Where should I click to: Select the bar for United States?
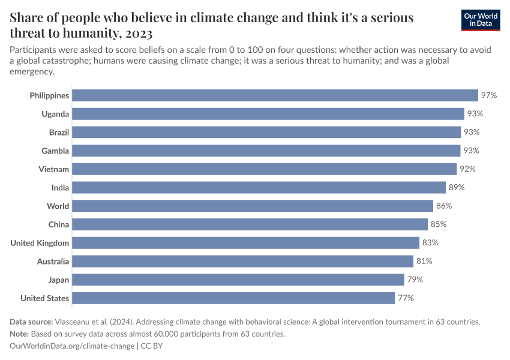pos(233,298)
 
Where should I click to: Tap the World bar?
pos(253,206)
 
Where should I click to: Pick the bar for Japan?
pos(238,280)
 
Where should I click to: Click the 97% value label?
pos(488,95)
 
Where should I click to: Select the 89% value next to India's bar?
pos(457,188)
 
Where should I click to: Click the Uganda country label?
pos(55,114)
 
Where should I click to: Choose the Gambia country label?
pos(55,151)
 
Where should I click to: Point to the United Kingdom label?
pos(40,243)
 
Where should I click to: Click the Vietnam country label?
pos(54,169)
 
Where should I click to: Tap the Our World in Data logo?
pos(481,20)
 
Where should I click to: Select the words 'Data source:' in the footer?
pos(32,322)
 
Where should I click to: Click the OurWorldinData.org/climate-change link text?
pos(72,346)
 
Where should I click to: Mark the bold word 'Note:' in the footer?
pos(21,334)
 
